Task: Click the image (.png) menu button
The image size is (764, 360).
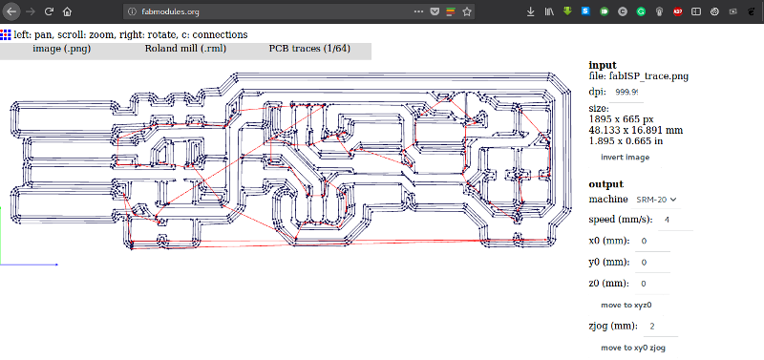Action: click(61, 48)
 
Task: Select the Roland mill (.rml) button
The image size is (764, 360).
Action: click(185, 48)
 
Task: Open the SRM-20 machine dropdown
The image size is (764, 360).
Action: click(656, 200)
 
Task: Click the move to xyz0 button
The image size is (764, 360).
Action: click(626, 305)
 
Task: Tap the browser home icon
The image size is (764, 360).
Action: click(68, 12)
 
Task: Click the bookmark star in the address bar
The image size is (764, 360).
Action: click(467, 12)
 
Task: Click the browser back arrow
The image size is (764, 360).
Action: click(9, 12)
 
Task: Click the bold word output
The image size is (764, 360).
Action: click(605, 184)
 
